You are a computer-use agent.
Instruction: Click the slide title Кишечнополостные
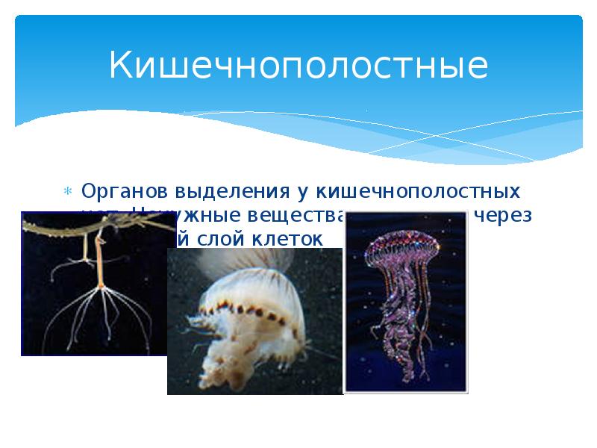[x=298, y=66]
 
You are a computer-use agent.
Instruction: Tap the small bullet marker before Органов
[x=68, y=193]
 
